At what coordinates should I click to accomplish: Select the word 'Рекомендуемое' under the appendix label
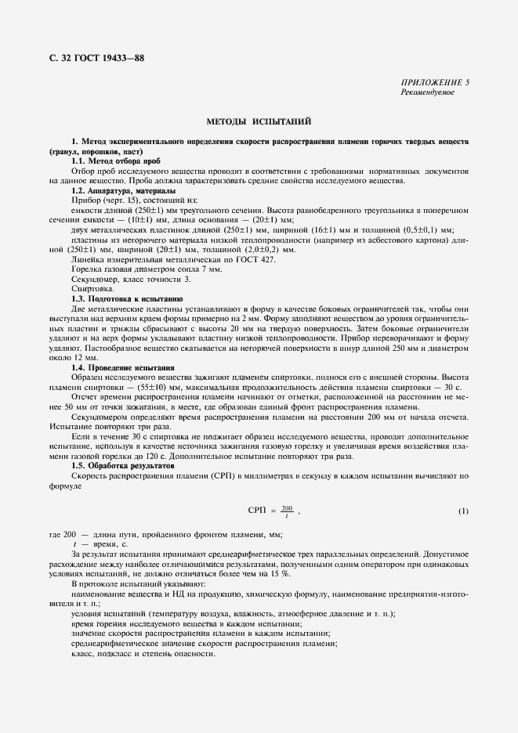427,92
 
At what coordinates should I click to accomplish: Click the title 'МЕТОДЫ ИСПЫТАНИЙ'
259,122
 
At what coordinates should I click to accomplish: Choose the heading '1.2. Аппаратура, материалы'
123,191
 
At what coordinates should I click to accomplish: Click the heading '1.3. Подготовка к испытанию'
123,299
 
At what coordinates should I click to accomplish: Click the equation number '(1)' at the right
463,511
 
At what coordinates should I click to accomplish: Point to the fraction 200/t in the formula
287,511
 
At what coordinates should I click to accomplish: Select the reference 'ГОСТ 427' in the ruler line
257,259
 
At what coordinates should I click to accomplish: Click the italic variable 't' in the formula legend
74,543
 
